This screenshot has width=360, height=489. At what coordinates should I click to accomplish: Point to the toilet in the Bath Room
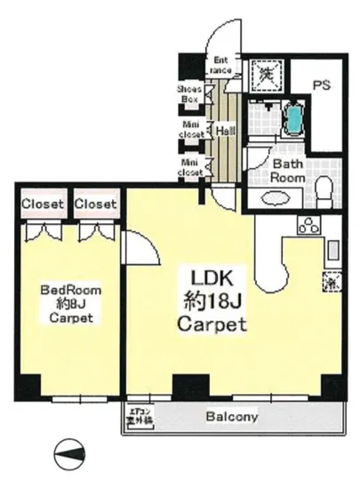pyautogui.click(x=324, y=188)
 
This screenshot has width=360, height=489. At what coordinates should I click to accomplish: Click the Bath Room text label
pyautogui.click(x=289, y=171)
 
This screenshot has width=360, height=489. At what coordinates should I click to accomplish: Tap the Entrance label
pyautogui.click(x=221, y=65)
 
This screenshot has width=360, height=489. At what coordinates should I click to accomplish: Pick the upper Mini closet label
pyautogui.click(x=189, y=130)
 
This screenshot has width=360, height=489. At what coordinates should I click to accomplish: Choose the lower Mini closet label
pyautogui.click(x=189, y=168)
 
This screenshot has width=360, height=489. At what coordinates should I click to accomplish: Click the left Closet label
pyautogui.click(x=43, y=204)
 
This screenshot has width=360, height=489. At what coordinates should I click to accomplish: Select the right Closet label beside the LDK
pyautogui.click(x=95, y=204)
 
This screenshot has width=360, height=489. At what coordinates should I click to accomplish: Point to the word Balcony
pyautogui.click(x=232, y=416)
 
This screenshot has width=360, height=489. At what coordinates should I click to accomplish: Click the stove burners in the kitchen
pyautogui.click(x=308, y=226)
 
